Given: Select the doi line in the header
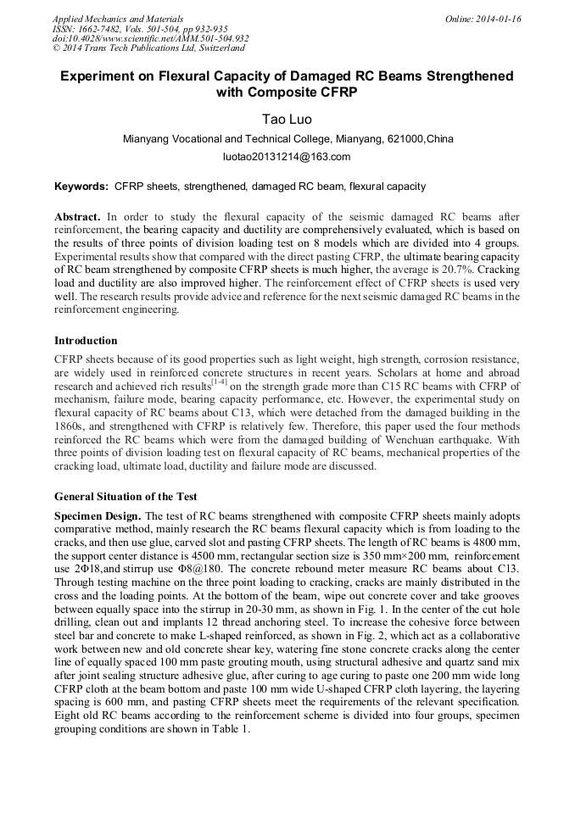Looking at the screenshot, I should (x=150, y=38).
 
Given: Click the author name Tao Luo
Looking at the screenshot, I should (x=286, y=120).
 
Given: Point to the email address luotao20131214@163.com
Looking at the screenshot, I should (x=286, y=157).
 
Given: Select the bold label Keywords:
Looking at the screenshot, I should (x=81, y=187).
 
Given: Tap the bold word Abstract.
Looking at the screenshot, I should (x=77, y=217).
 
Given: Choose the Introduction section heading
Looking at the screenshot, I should (x=86, y=341).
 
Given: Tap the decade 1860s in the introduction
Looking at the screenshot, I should (x=70, y=426).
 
